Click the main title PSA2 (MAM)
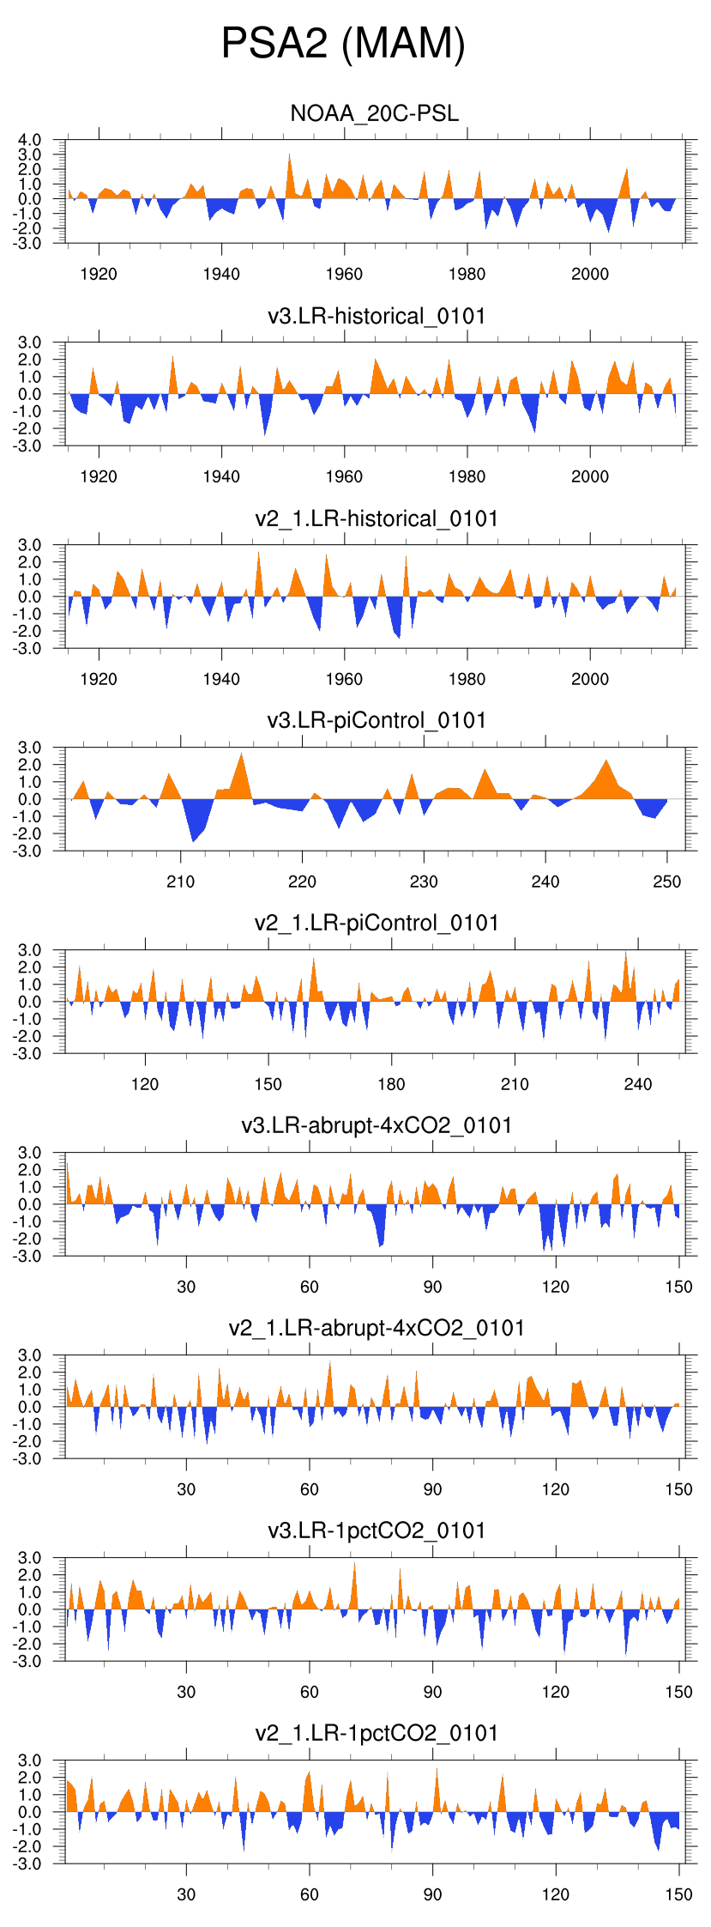pyautogui.click(x=343, y=43)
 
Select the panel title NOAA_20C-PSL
pyautogui.click(x=375, y=113)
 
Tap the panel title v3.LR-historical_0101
pyautogui.click(x=377, y=316)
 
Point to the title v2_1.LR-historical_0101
pyautogui.click(x=377, y=518)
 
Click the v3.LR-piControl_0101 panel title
pyautogui.click(x=377, y=720)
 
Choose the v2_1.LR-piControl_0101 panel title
pyautogui.click(x=377, y=923)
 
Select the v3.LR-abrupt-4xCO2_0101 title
pyautogui.click(x=377, y=1125)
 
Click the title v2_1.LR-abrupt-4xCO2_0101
pyautogui.click(x=377, y=1328)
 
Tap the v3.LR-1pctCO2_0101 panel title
pyautogui.click(x=377, y=1530)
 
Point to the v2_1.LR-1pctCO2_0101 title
pyautogui.click(x=377, y=1733)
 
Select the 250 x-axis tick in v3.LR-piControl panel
pyautogui.click(x=666, y=882)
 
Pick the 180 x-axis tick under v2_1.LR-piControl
pyautogui.click(x=391, y=1084)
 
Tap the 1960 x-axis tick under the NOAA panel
pyautogui.click(x=344, y=274)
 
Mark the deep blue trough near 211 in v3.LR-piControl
pyautogui.click(x=193, y=839)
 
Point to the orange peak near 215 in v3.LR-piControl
pyautogui.click(x=242, y=755)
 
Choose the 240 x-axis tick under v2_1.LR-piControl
pyautogui.click(x=637, y=1084)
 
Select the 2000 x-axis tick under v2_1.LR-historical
pyautogui.click(x=590, y=679)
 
